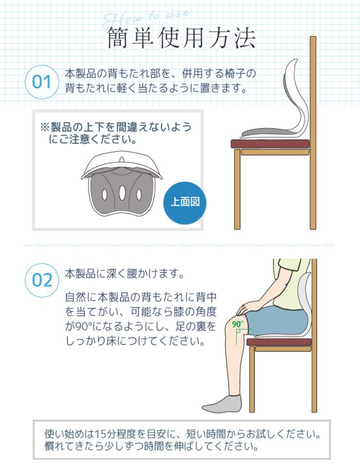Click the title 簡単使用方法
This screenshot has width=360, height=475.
click(x=181, y=38)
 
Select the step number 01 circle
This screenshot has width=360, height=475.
click(x=42, y=82)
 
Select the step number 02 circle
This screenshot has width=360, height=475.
click(x=42, y=279)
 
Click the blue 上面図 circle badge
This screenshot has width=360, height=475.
click(x=184, y=202)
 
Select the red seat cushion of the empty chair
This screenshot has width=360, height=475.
click(x=270, y=143)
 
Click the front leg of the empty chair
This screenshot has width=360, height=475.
click(x=237, y=191)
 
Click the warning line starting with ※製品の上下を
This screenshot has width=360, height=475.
click(x=115, y=127)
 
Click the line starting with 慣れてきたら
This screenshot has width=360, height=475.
click(x=152, y=447)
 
